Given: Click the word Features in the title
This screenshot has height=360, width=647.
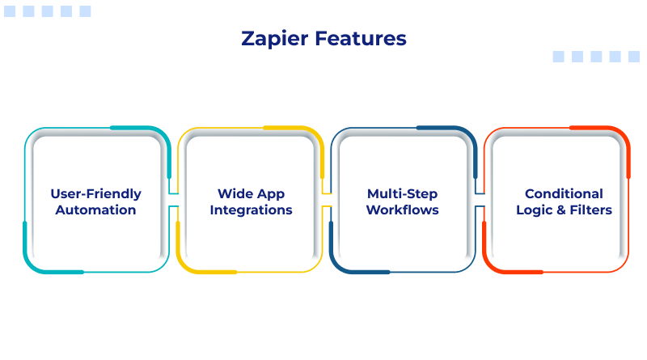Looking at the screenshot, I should tap(361, 38).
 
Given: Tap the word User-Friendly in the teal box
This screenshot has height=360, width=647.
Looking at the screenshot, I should tap(95, 194).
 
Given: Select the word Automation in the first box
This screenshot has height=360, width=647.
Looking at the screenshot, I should tap(95, 210).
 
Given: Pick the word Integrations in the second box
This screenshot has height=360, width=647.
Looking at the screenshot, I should tap(251, 210).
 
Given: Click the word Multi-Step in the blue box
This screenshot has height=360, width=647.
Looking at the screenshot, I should tap(402, 194).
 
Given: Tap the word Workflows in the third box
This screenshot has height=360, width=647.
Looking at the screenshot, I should tap(402, 210).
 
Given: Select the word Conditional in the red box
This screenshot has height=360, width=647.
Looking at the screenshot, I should tap(564, 194).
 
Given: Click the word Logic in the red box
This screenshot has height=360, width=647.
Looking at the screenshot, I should tap(535, 211).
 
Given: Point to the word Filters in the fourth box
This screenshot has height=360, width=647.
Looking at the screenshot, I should tap(590, 210).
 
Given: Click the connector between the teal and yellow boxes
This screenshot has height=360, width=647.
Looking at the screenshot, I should tap(173, 200).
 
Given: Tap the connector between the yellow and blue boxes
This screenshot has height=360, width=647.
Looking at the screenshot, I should tap(327, 200).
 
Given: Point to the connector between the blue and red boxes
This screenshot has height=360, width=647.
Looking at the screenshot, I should tap(480, 200).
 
